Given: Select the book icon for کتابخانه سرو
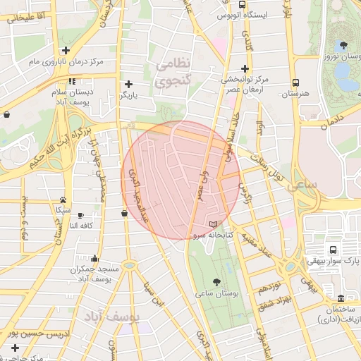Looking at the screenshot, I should [x=214, y=224].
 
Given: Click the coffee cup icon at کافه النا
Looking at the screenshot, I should [x=80, y=216].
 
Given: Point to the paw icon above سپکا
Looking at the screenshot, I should [x=63, y=200].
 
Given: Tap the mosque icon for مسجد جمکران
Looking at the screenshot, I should [x=95, y=258].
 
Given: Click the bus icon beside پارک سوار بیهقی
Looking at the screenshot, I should [x=332, y=250].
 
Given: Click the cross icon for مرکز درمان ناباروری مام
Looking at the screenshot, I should [x=66, y=50].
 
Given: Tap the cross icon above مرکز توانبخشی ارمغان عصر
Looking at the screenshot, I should [x=244, y=68].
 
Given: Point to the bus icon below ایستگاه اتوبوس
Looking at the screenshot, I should [x=244, y=31].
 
